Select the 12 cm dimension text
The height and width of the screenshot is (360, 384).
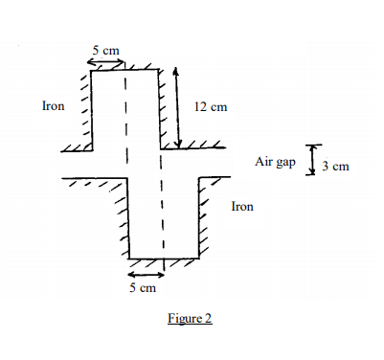(x=211, y=106)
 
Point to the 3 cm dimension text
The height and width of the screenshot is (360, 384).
(x=336, y=167)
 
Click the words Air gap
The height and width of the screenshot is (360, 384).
(x=275, y=162)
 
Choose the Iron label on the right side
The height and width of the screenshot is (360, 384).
(x=243, y=206)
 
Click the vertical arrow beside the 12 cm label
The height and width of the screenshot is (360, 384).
(x=177, y=107)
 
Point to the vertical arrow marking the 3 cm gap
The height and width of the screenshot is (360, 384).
(x=309, y=160)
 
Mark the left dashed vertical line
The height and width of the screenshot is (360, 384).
(x=125, y=144)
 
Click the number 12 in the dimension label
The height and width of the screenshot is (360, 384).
(x=200, y=106)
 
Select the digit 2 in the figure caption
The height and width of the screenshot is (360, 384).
(x=208, y=319)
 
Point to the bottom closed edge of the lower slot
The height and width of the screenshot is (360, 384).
(x=163, y=259)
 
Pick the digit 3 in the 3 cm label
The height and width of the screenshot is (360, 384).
(x=327, y=167)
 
